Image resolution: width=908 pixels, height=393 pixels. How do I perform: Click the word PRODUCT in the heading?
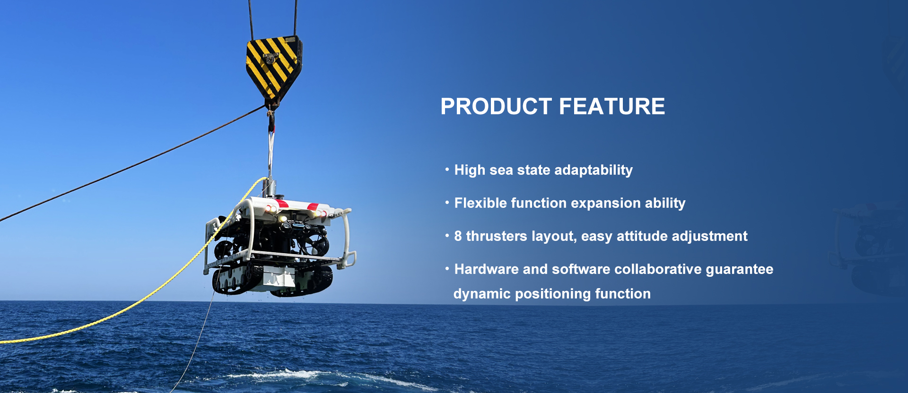[x=496, y=106]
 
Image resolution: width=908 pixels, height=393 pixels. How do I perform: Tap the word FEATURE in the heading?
[x=612, y=106]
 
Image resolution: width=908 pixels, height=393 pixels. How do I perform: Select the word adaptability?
[x=594, y=170]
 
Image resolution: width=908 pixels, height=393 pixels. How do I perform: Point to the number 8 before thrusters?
[x=458, y=236]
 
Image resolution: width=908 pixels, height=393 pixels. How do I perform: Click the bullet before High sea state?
[x=447, y=169]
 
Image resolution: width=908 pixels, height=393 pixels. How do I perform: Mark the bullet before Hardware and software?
[x=447, y=268]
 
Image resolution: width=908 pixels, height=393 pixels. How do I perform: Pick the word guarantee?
[x=740, y=270]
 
